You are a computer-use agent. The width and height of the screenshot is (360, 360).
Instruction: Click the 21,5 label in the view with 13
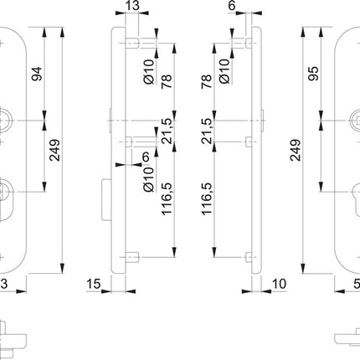(167, 132)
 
